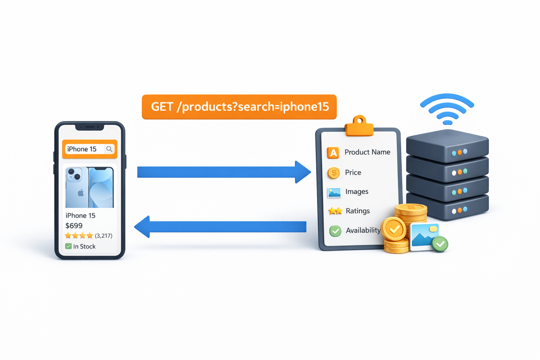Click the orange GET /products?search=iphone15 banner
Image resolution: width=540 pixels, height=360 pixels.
[239, 107]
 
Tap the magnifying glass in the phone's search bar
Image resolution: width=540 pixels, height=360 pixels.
[109, 149]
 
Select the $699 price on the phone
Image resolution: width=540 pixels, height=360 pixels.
[74, 226]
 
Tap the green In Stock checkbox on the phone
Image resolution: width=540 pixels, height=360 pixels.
[69, 246]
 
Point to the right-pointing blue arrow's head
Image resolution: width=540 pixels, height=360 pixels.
[302, 172]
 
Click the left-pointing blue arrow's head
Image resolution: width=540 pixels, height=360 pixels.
[142, 227]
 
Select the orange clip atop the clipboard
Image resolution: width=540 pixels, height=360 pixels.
[359, 126]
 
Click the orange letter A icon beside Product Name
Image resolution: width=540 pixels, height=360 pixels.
[333, 153]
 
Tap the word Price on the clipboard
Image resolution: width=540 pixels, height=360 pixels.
[353, 173]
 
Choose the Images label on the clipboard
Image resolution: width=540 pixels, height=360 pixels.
[357, 192]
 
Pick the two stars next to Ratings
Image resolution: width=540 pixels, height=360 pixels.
[335, 211]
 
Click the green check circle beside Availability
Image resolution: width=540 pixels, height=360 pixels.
[335, 231]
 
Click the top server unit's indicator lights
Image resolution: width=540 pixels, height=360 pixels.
[459, 153]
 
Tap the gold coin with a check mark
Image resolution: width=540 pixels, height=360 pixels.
[394, 229]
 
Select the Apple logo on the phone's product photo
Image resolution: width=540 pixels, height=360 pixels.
[81, 193]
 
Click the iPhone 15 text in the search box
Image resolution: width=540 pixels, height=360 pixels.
[82, 149]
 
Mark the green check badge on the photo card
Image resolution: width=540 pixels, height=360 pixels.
[440, 244]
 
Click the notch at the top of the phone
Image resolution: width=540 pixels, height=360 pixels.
[90, 127]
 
